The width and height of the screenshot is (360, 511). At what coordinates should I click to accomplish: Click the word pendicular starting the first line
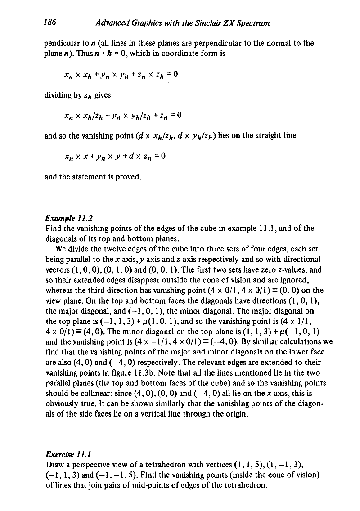61,45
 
